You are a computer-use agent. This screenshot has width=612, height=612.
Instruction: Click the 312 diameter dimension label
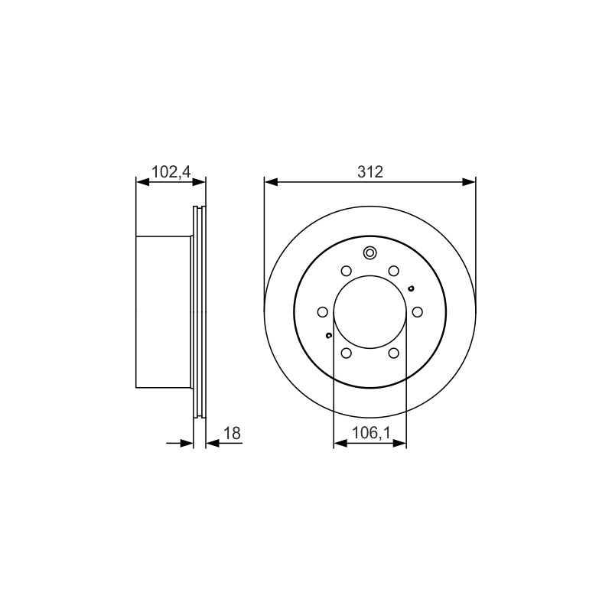370,171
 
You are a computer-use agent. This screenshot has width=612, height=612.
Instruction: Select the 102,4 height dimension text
171,171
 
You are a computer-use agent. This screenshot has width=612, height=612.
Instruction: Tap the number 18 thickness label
232,433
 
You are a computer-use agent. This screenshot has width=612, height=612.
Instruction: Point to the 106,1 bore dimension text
371,433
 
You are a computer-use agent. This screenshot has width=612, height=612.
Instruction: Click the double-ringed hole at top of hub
369,253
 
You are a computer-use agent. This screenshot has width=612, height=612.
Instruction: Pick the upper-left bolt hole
347,271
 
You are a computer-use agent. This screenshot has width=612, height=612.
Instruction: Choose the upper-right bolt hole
394,271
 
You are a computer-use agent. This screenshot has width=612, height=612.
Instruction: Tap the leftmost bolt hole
322,312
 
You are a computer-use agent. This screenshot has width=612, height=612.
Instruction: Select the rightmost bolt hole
417,312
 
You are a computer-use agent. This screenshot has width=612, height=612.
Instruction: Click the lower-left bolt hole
347,353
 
